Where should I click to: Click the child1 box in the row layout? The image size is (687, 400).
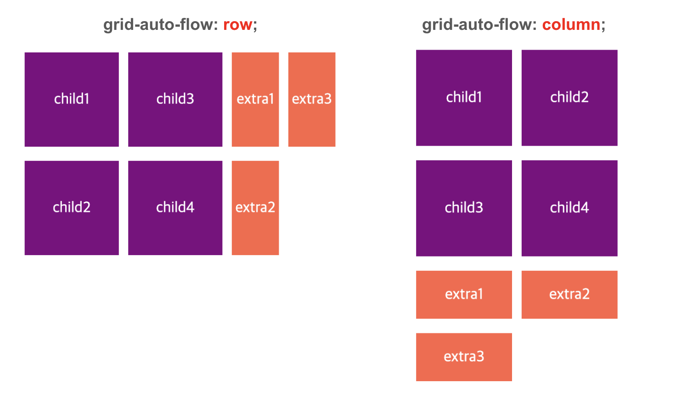pyautogui.click(x=72, y=99)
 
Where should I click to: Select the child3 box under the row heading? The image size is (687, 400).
pyautogui.click(x=175, y=99)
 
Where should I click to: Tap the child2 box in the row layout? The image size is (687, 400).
pyautogui.click(x=72, y=208)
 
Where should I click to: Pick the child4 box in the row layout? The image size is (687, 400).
pyautogui.click(x=175, y=208)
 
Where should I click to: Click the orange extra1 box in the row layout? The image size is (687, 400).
pyautogui.click(x=255, y=99)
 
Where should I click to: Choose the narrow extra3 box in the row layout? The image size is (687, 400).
pyautogui.click(x=312, y=99)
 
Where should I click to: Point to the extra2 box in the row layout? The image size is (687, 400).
pyautogui.click(x=255, y=208)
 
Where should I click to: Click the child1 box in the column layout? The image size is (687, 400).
pyautogui.click(x=464, y=97)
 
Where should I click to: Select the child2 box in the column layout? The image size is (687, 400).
pyautogui.click(x=569, y=97)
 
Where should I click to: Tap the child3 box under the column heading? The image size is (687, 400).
pyautogui.click(x=464, y=208)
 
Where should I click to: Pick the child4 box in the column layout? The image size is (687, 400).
pyautogui.click(x=569, y=208)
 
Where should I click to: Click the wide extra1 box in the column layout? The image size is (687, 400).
pyautogui.click(x=464, y=294)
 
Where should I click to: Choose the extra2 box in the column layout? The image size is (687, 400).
pyautogui.click(x=569, y=294)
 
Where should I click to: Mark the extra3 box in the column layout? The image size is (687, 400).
pyautogui.click(x=464, y=357)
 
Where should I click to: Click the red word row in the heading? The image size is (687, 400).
pyautogui.click(x=237, y=25)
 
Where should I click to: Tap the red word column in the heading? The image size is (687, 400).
pyautogui.click(x=571, y=25)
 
